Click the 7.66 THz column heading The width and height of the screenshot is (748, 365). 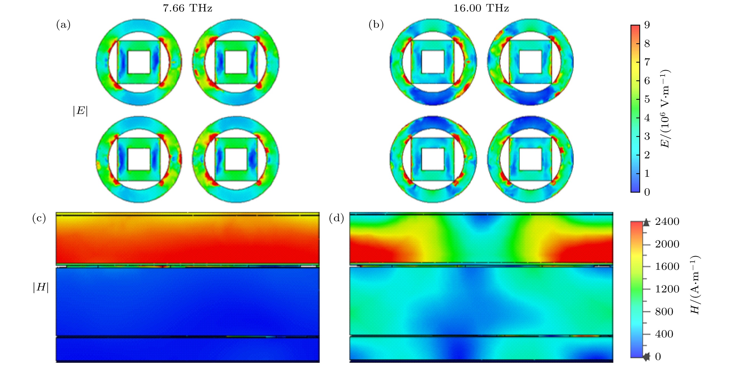tap(187, 8)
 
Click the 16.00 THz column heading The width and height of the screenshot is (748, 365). tap(481, 8)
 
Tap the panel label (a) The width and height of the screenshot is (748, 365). tap(63, 25)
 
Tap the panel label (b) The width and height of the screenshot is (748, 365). tap(376, 25)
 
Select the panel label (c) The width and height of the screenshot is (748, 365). tap(39, 218)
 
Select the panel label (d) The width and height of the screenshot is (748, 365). tap(336, 218)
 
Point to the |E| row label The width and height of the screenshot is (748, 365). tap(80, 111)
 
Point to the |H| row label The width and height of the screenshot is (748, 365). tap(41, 288)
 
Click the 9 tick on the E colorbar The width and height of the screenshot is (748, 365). tap(647, 25)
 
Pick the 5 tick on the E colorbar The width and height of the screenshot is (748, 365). tap(647, 99)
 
